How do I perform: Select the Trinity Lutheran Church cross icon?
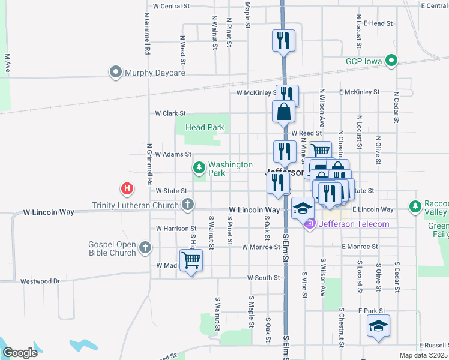coord(187,205)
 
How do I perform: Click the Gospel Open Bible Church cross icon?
coord(145,247)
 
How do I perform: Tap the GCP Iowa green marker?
coord(391,61)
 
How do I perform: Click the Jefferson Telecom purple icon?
coord(310,224)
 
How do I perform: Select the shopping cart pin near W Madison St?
coord(191,260)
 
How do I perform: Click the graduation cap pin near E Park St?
coord(379,326)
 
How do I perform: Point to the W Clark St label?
coord(170,113)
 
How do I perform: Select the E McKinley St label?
coord(359,92)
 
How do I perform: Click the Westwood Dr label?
coord(40,281)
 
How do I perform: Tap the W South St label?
coord(264,278)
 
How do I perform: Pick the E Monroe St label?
coord(360,247)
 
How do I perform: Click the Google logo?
coord(20,353)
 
